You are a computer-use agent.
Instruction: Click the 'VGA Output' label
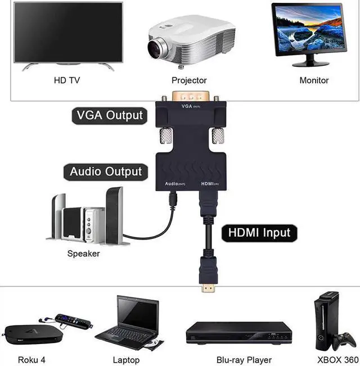click(110, 116)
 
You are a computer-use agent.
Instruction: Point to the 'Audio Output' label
click(106, 171)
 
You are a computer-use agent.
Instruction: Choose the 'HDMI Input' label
click(259, 232)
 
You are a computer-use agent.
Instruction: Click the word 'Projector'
click(189, 80)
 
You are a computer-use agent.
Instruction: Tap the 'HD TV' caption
click(67, 80)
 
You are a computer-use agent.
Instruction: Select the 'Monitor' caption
click(314, 80)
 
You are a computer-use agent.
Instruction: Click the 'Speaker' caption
click(83, 254)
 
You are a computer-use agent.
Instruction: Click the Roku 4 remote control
click(71, 322)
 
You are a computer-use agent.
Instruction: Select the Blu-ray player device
click(239, 332)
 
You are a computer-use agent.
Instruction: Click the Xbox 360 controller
click(343, 341)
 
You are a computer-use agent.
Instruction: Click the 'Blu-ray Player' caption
click(244, 359)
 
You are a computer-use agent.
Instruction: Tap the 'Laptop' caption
click(126, 359)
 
